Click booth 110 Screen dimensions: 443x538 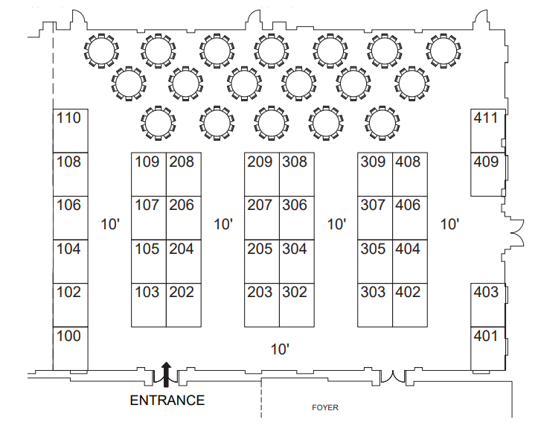click(x=70, y=131)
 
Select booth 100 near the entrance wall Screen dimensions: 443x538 click(x=70, y=348)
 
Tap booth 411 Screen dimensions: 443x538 click(x=487, y=130)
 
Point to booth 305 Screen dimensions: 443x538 click(x=374, y=261)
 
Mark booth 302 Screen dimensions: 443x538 click(x=297, y=305)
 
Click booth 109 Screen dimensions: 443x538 click(x=148, y=174)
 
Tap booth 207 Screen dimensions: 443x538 click(x=261, y=217)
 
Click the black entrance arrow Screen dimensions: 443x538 click(x=166, y=372)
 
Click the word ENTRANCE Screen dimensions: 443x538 click(x=167, y=401)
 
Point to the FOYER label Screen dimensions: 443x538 click(x=324, y=408)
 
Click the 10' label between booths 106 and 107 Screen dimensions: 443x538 click(x=110, y=224)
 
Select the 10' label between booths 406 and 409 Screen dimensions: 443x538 click(x=449, y=224)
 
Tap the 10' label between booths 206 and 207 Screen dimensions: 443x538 click(x=224, y=224)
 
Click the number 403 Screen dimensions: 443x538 click(x=486, y=293)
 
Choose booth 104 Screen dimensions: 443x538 click(x=70, y=261)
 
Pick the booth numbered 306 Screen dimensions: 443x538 click(x=297, y=217)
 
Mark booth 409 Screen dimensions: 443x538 click(x=487, y=174)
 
